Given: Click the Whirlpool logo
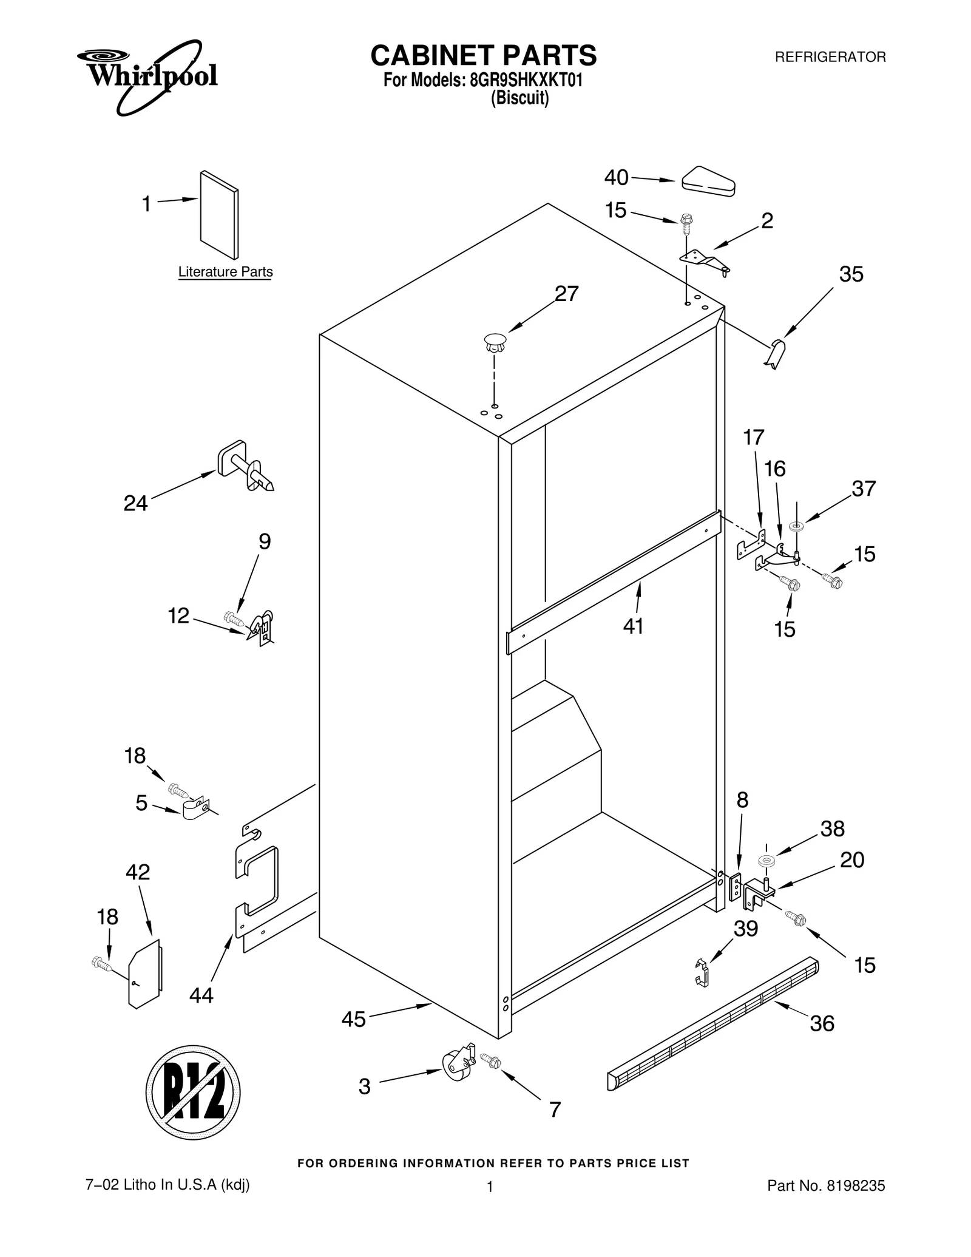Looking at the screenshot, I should click(x=147, y=76).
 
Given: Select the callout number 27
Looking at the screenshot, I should click(x=566, y=294).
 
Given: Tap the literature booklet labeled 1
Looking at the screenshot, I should click(x=219, y=214).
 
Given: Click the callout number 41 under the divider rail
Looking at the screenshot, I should click(x=633, y=626).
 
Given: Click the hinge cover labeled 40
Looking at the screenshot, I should click(x=708, y=181).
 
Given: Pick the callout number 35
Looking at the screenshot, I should click(x=851, y=274).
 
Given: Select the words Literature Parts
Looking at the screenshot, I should click(x=225, y=272).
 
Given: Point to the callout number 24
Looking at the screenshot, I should click(x=135, y=503).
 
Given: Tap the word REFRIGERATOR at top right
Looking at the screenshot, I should click(x=830, y=57).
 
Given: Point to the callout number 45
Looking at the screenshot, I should click(x=353, y=1020).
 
